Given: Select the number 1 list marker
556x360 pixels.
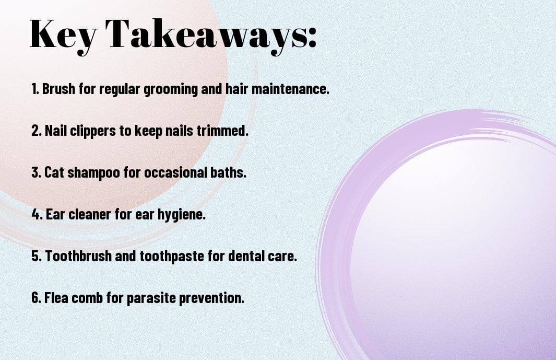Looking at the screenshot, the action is (35, 89).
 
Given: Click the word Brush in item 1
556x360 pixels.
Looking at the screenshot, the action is (58, 89).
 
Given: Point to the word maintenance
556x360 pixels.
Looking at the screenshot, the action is (290, 89).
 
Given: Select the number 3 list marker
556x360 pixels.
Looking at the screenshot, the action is (36, 172).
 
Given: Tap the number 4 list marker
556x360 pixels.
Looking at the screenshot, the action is (37, 214).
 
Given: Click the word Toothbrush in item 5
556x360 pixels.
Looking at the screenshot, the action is (78, 256).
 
